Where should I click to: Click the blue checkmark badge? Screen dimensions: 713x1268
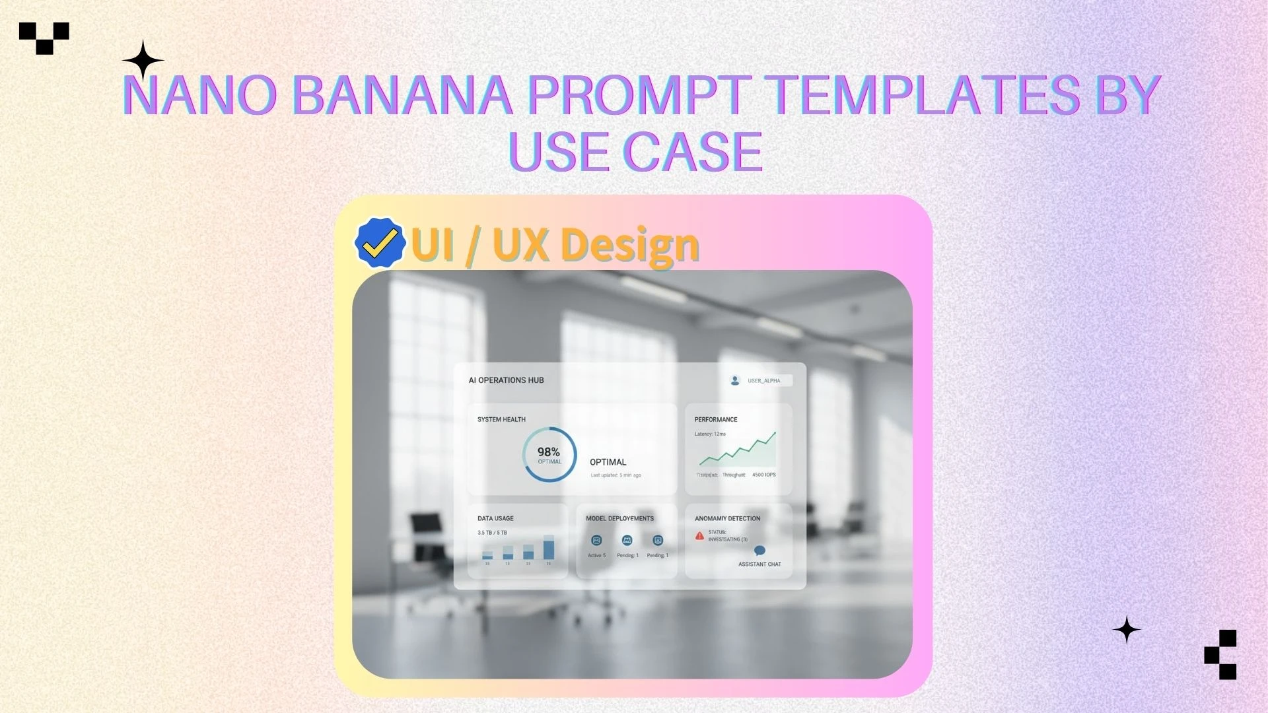click(x=380, y=243)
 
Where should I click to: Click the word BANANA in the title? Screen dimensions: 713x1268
click(x=402, y=95)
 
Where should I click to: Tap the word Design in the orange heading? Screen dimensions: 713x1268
click(x=630, y=245)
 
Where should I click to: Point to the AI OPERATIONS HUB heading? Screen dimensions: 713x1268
click(x=506, y=380)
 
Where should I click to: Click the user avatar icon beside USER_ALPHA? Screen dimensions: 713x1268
click(x=735, y=380)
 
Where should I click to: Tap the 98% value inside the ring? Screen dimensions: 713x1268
click(x=548, y=452)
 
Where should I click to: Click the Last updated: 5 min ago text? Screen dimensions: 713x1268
click(x=616, y=475)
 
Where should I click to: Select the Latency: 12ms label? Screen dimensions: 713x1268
click(x=710, y=434)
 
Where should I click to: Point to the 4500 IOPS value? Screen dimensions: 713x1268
click(x=764, y=475)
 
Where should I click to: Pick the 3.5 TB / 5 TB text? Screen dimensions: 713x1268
click(x=492, y=533)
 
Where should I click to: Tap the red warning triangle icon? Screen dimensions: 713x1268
click(x=699, y=536)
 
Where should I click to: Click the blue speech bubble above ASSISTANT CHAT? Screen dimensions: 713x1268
click(x=759, y=551)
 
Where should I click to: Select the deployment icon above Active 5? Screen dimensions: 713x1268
click(x=596, y=541)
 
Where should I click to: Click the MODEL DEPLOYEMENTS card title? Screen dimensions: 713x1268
click(x=619, y=519)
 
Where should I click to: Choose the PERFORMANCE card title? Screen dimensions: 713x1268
click(x=715, y=420)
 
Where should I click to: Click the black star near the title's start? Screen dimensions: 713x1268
click(x=143, y=61)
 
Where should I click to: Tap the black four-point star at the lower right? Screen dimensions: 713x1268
click(x=1127, y=630)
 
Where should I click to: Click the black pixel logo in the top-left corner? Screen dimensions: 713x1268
click(x=44, y=38)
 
